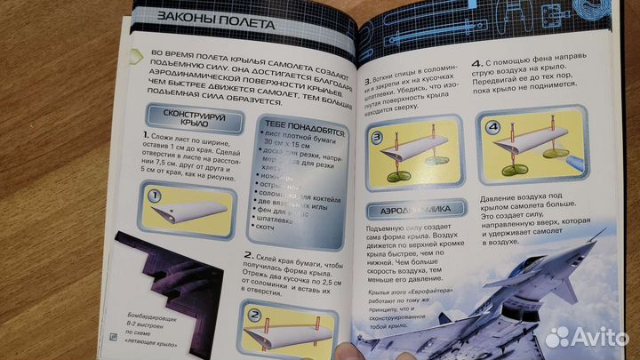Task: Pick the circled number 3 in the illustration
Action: [x=377, y=140]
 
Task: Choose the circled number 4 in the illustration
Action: [x=491, y=126]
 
